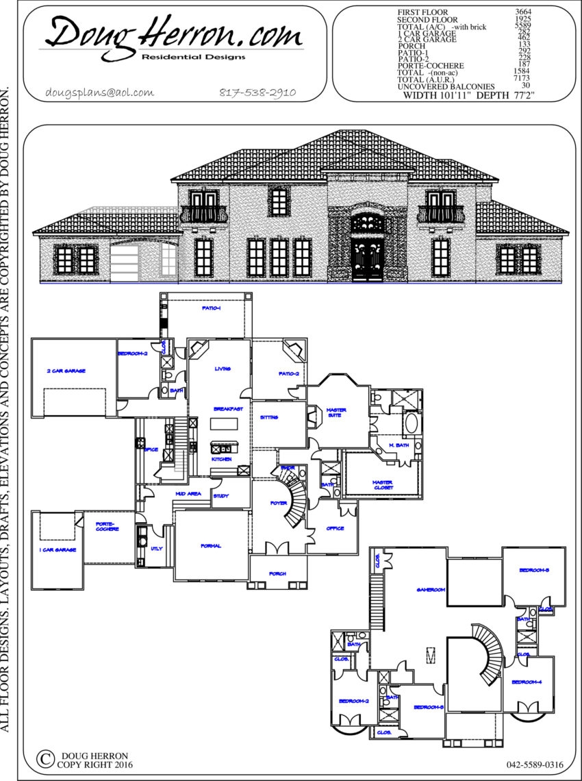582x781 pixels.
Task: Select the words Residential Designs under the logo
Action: [x=193, y=58]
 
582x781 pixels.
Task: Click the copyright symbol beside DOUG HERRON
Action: [x=45, y=759]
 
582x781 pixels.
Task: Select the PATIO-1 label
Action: [x=211, y=309]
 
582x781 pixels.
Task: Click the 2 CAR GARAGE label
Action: [x=66, y=371]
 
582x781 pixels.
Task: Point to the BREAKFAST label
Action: [x=228, y=409]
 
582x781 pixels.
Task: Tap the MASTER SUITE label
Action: [x=336, y=413]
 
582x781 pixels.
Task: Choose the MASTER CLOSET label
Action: [x=382, y=484]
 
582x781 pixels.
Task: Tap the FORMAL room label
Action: [x=210, y=545]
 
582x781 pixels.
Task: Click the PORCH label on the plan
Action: [x=277, y=573]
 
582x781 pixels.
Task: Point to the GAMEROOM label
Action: [x=431, y=589]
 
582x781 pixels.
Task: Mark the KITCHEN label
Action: [x=221, y=459]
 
